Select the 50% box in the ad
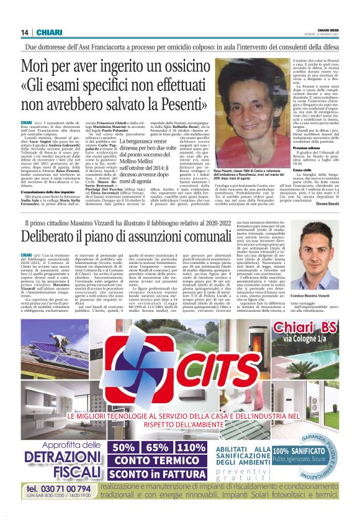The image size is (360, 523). [132, 447]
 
